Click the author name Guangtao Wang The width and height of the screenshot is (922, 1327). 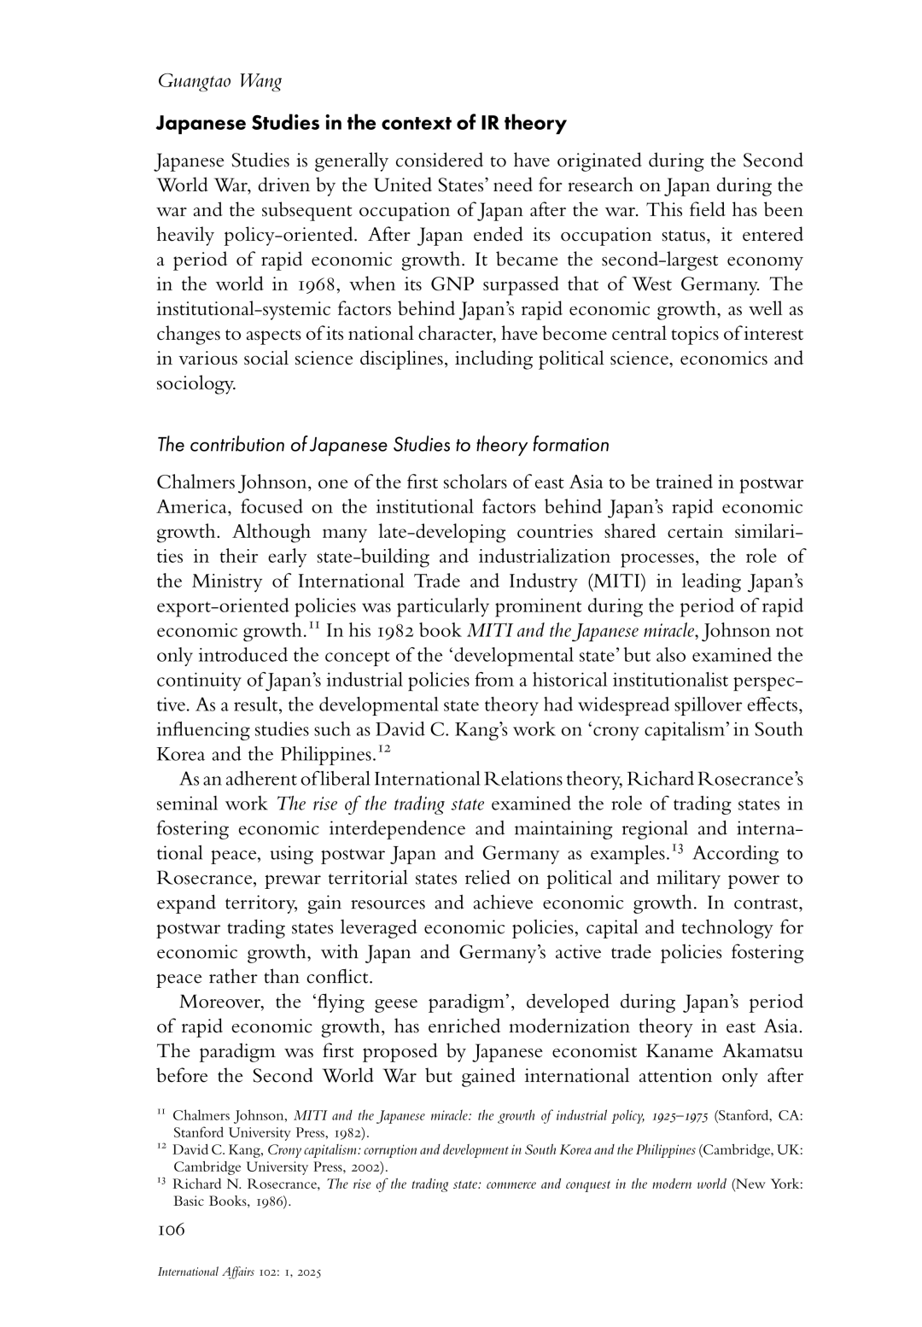[x=219, y=82]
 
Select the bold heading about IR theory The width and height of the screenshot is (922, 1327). [x=360, y=124]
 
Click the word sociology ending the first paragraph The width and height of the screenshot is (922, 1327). [x=195, y=383]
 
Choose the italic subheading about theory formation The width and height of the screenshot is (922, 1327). [x=382, y=445]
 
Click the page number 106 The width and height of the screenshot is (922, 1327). [x=171, y=1230]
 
